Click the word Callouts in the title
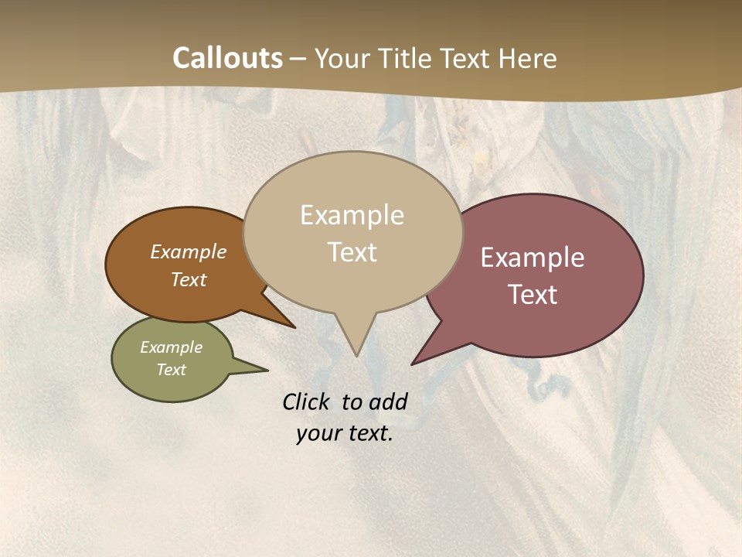tap(227, 58)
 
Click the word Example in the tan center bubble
tap(352, 215)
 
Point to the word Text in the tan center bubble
tap(352, 252)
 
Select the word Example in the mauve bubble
tap(533, 258)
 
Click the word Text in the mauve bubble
tap(533, 295)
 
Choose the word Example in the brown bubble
tap(189, 251)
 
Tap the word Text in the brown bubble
tap(189, 279)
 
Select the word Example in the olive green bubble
tap(172, 347)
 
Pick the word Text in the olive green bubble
tap(172, 370)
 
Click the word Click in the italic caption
tap(305, 402)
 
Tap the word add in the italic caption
tap(388, 402)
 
